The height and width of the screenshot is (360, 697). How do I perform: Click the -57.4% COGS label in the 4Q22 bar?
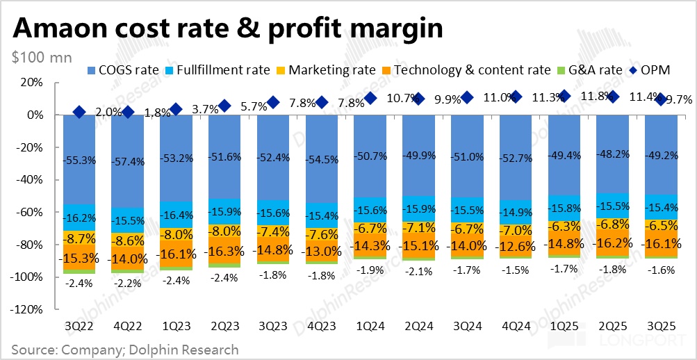pos(128,161)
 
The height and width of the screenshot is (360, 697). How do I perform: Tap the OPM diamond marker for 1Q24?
pos(370,99)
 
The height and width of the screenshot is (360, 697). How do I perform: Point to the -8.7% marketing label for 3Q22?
pos(79,238)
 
